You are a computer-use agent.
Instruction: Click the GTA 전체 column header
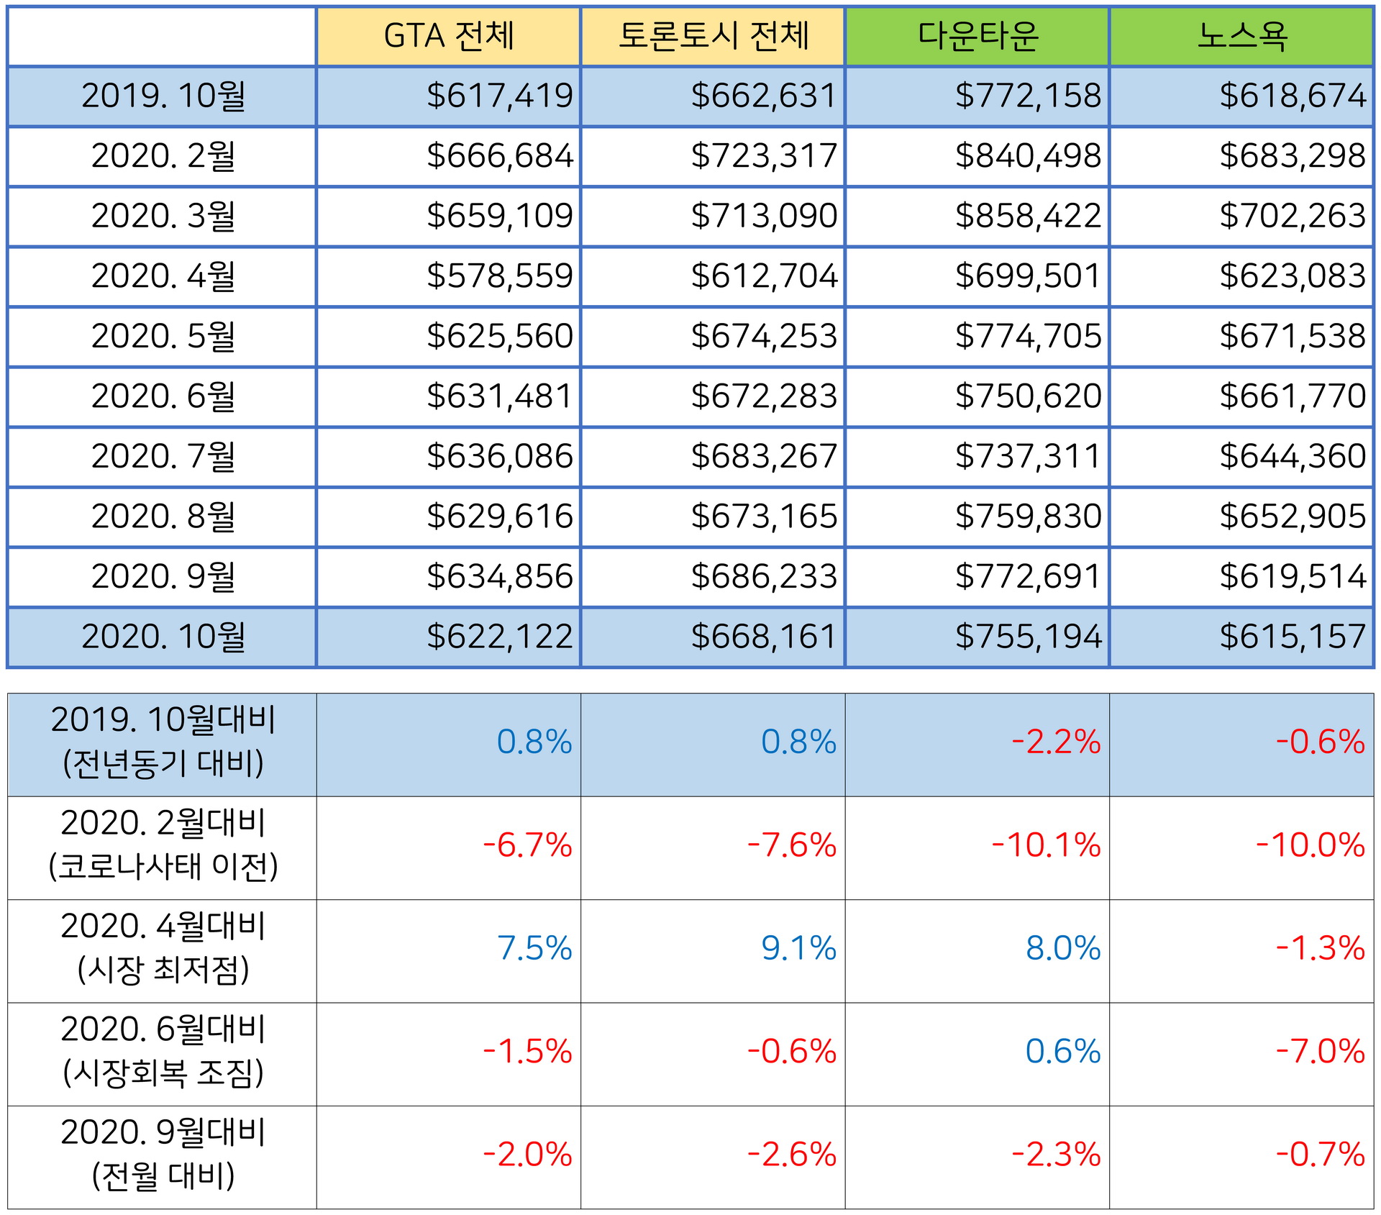click(x=449, y=36)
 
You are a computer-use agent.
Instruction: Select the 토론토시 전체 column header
click(x=713, y=36)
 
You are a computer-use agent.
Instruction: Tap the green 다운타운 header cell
click(x=977, y=36)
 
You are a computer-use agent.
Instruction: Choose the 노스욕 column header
click(x=1241, y=36)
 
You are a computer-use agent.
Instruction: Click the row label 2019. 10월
click(x=163, y=96)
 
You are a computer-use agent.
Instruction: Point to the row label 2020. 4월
click(x=163, y=276)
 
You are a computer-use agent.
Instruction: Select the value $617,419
click(x=499, y=96)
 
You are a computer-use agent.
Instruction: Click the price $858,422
click(x=1028, y=216)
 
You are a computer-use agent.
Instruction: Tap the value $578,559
click(x=499, y=276)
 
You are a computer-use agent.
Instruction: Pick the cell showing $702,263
click(x=1292, y=216)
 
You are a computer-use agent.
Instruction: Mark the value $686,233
click(x=764, y=576)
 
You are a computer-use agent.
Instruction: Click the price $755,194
click(x=1028, y=637)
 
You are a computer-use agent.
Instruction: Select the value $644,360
click(x=1292, y=456)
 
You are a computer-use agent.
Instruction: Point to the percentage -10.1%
click(x=1046, y=845)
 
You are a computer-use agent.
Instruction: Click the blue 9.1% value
click(x=798, y=949)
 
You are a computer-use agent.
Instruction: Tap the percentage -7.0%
click(x=1320, y=1052)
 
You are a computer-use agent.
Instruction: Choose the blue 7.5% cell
click(x=534, y=949)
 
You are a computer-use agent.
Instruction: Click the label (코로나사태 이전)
click(x=163, y=867)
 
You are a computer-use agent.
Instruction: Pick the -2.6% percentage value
click(x=791, y=1155)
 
